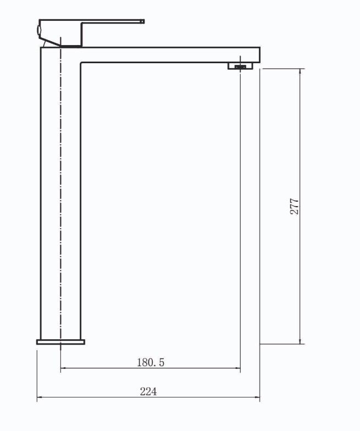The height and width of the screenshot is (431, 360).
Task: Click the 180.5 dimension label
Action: click(x=151, y=362)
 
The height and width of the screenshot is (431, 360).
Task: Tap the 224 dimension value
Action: click(x=148, y=391)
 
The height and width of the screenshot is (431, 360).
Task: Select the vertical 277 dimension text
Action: click(x=295, y=207)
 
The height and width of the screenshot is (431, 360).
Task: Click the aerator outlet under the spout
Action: click(x=240, y=66)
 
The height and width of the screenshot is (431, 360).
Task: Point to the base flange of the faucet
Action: click(x=60, y=342)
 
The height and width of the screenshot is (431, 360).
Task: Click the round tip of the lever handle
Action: click(x=143, y=21)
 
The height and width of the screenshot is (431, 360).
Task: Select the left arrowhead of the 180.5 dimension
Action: click(x=64, y=368)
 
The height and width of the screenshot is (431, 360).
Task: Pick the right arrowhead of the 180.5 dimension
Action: click(x=237, y=368)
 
